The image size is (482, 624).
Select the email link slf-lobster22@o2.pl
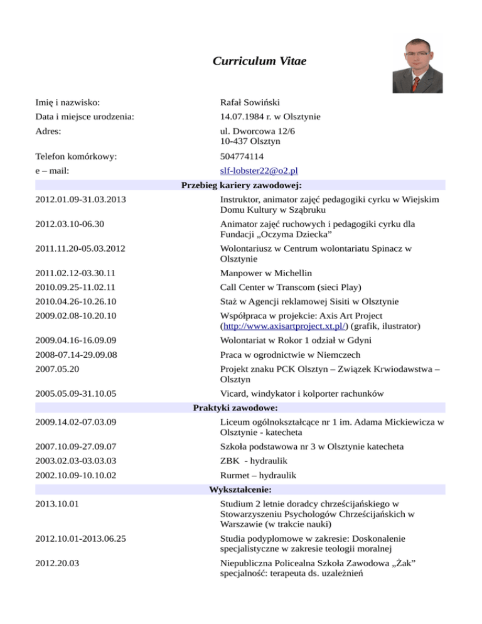coord(259,171)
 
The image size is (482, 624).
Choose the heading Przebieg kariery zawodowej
coord(241,185)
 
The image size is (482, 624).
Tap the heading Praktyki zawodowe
coord(241,407)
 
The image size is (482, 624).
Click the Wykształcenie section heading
coord(241,489)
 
